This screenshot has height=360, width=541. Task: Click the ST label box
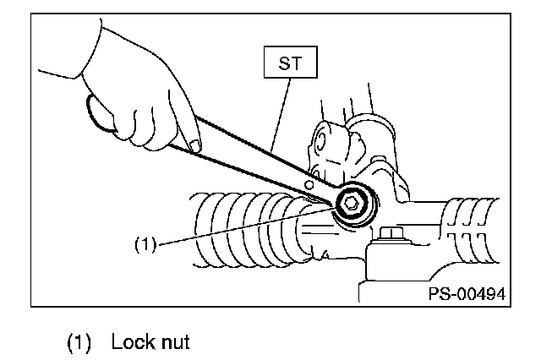(x=290, y=62)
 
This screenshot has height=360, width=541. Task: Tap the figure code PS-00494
(x=467, y=294)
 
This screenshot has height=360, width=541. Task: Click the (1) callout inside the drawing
(x=145, y=244)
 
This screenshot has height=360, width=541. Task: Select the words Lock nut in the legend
(x=150, y=341)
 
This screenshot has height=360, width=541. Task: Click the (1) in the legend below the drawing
(x=79, y=342)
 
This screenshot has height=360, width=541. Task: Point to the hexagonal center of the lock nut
(x=351, y=204)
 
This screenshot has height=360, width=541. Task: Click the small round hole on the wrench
(x=309, y=185)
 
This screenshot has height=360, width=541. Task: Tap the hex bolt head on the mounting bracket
(x=391, y=233)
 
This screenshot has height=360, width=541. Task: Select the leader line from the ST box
(x=280, y=116)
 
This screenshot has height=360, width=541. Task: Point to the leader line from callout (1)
(x=246, y=226)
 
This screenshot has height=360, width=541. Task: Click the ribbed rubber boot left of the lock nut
(x=252, y=230)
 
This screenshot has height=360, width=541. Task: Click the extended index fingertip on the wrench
(x=195, y=146)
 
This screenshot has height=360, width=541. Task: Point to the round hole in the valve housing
(x=320, y=140)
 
